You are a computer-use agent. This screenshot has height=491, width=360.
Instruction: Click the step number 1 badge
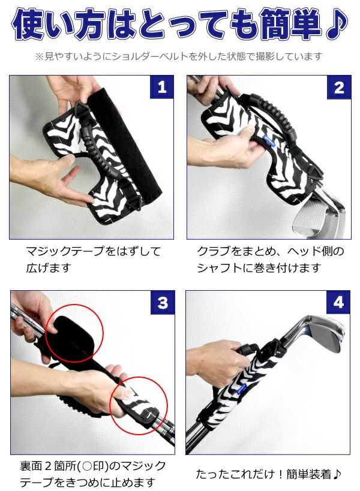pos(161,87)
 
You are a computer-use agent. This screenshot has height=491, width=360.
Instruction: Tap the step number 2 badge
pos(339,87)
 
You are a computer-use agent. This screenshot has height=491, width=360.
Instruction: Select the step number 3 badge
pos(163,303)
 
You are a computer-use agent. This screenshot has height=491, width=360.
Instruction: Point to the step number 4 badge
pos(338,302)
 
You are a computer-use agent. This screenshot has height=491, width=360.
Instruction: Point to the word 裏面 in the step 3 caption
pos(31,466)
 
